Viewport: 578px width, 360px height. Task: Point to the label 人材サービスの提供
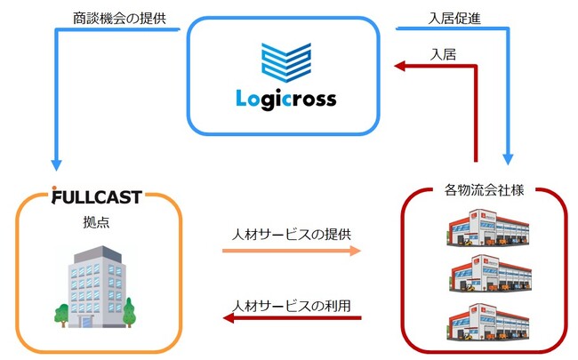coord(291,234)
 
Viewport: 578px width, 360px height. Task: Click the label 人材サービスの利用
coord(291,305)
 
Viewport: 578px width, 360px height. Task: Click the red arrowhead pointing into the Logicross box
coord(403,65)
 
